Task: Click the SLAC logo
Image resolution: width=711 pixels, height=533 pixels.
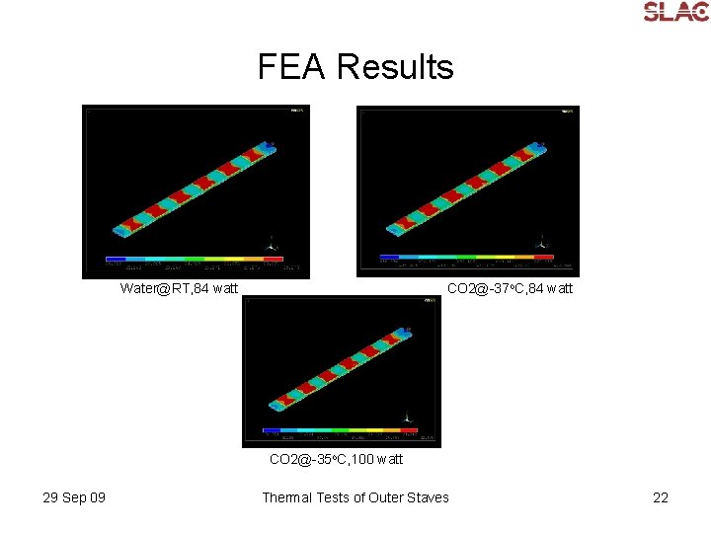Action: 675,12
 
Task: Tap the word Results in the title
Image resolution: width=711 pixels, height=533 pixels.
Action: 394,67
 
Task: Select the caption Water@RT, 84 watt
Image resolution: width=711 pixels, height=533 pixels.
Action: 179,288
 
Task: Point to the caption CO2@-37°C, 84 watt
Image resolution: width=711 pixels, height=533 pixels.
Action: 510,288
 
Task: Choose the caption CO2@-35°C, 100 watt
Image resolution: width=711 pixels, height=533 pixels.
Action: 337,459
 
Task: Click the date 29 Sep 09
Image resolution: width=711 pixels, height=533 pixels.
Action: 74,497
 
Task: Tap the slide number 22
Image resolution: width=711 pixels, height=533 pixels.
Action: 661,497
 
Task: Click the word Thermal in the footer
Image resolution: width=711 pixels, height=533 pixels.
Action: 287,497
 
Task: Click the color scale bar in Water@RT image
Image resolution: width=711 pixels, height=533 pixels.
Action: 201,260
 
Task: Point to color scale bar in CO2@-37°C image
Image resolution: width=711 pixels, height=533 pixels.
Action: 466,257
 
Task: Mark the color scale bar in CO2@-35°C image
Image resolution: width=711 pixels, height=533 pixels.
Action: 340,430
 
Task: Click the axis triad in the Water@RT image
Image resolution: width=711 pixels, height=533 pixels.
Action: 273,243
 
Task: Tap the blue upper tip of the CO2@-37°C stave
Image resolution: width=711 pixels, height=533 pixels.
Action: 537,145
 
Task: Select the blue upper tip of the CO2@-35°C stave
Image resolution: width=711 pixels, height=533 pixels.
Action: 404,332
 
